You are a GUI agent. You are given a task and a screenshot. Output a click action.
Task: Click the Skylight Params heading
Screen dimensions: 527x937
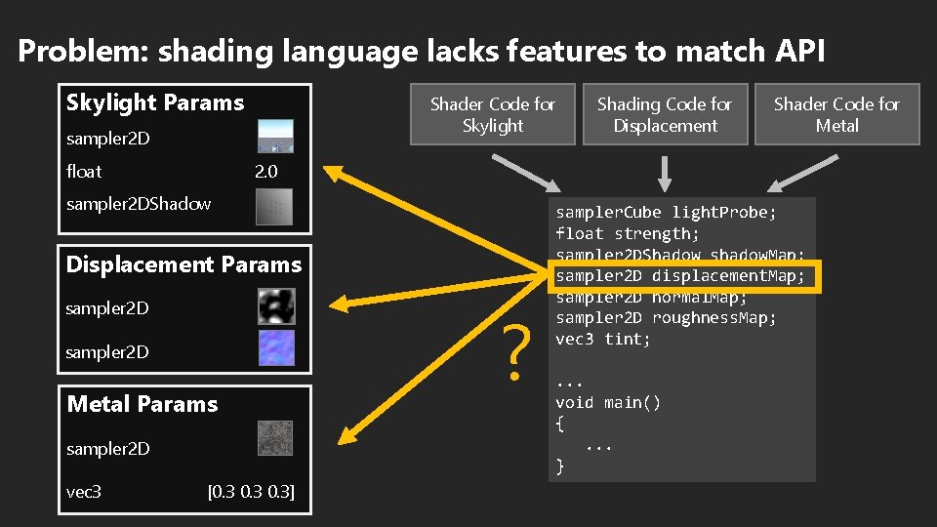pyautogui.click(x=155, y=102)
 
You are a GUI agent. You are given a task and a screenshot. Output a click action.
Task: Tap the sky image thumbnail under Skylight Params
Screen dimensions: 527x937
pyautogui.click(x=274, y=137)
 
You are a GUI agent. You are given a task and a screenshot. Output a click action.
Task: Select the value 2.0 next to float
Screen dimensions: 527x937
pyautogui.click(x=265, y=172)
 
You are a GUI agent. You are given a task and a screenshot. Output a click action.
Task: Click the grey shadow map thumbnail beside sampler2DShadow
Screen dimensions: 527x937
pyautogui.click(x=274, y=206)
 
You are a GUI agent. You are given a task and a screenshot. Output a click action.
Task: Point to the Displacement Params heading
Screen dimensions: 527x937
pyautogui.click(x=183, y=264)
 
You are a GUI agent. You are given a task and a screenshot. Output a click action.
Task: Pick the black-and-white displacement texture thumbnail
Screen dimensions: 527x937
pyautogui.click(x=275, y=306)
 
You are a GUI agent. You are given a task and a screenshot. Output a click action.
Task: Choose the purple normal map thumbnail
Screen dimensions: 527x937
pyautogui.click(x=275, y=348)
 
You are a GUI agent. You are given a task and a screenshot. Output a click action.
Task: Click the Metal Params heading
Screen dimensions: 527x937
pyautogui.click(x=143, y=404)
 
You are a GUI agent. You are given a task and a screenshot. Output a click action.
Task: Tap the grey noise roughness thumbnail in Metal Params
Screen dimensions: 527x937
pyautogui.click(x=275, y=438)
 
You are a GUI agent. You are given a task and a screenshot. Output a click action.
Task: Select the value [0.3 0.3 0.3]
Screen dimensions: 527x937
pyautogui.click(x=251, y=492)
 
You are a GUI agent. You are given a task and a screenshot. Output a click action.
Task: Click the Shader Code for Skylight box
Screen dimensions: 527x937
pyautogui.click(x=493, y=115)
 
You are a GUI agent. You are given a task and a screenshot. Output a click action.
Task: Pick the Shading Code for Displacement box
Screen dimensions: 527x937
pyautogui.click(x=665, y=115)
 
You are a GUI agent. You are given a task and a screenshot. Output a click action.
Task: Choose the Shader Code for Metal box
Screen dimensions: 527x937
pyautogui.click(x=836, y=115)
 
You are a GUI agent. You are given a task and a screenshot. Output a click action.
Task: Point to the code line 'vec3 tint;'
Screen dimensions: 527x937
pyautogui.click(x=603, y=340)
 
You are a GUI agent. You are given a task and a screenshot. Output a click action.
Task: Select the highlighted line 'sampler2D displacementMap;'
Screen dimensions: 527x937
pyautogui.click(x=680, y=276)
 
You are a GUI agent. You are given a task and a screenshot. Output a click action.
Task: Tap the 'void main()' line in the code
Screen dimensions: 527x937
pyautogui.click(x=608, y=402)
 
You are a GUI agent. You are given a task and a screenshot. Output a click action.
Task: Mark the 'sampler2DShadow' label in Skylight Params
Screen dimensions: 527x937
pyautogui.click(x=139, y=204)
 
